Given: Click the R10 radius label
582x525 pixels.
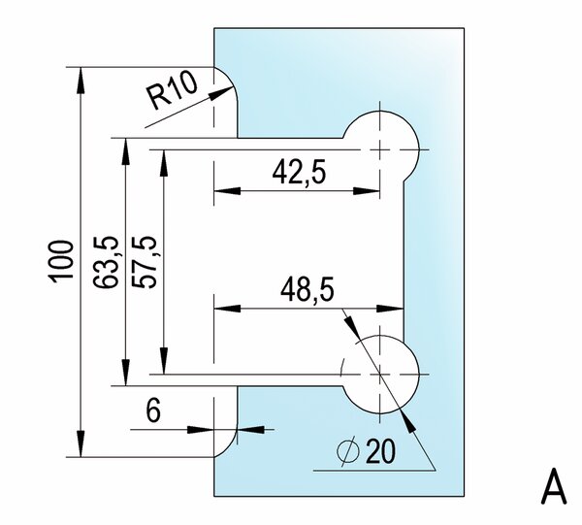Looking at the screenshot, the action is click(x=172, y=90).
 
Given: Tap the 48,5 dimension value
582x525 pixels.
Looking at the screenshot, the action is click(x=307, y=291).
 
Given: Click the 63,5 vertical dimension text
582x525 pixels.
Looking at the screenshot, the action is click(x=106, y=262).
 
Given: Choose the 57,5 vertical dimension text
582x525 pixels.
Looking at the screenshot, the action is click(x=144, y=262).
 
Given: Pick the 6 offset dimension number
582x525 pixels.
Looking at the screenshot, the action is click(x=153, y=411).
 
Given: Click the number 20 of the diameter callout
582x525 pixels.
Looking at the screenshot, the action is click(x=381, y=452).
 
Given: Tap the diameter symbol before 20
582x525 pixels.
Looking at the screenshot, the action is click(x=348, y=450).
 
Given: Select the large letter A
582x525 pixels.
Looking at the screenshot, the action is click(x=554, y=486).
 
